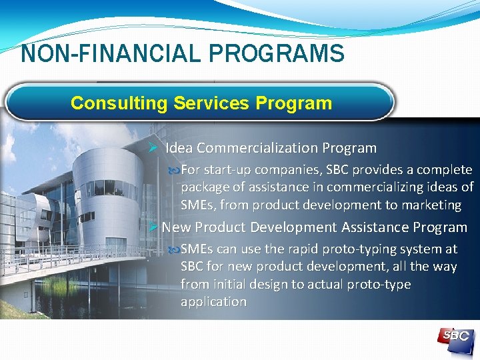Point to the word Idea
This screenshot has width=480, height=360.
point(179,148)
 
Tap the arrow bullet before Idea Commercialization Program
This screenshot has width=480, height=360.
point(153,147)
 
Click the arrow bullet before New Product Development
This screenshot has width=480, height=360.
point(153,227)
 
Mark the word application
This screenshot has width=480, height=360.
point(213,301)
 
